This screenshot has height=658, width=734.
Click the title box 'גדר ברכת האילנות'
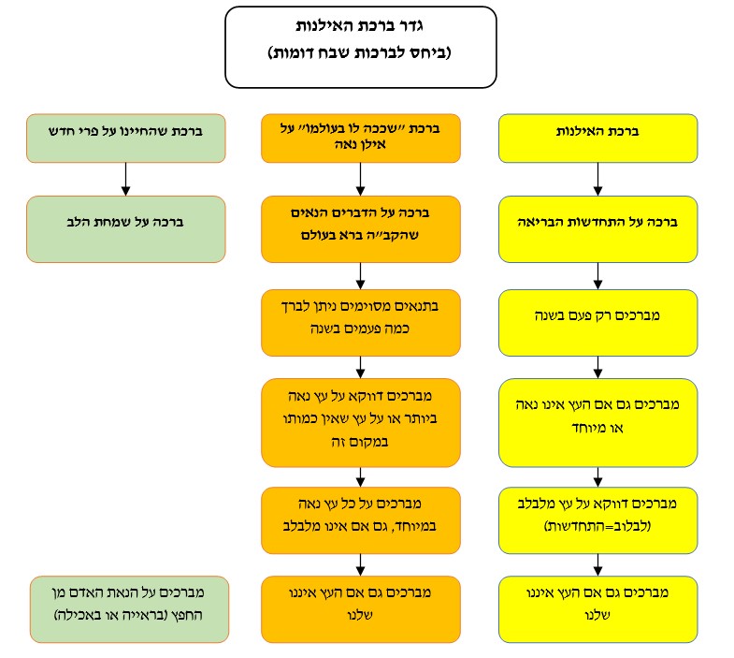click(360, 47)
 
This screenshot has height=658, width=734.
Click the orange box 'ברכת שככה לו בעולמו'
click(361, 136)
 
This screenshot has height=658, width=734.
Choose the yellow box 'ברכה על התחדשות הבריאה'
click(598, 227)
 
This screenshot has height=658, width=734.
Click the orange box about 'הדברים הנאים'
click(361, 227)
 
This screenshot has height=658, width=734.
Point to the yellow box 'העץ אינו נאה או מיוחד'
click(598, 421)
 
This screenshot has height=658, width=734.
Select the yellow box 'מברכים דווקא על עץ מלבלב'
click(598, 519)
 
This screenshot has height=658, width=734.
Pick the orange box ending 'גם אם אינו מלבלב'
click(361, 519)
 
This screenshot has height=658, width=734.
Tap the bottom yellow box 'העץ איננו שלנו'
click(598, 608)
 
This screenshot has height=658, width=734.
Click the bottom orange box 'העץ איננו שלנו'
click(361, 608)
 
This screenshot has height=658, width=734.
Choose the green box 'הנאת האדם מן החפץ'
click(128, 608)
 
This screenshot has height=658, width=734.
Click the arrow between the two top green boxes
click(125, 177)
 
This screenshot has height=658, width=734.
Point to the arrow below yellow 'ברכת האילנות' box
click(598, 177)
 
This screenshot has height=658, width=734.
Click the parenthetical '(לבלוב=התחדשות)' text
click(598, 529)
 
